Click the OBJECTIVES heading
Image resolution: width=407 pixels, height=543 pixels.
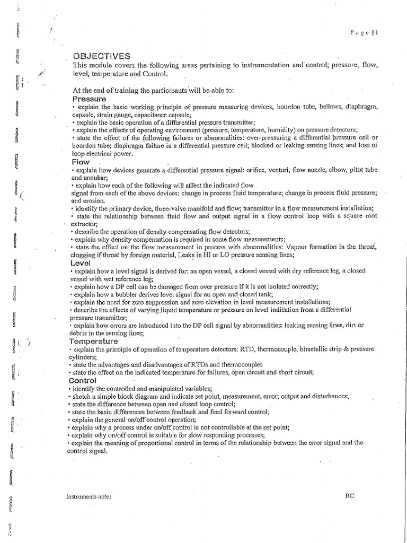click(x=100, y=57)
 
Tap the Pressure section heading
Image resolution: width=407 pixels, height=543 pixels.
click(x=89, y=99)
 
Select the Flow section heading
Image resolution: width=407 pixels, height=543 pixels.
click(x=81, y=162)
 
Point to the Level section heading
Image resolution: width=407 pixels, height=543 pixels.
click(x=82, y=263)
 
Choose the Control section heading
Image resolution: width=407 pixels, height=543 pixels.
click(x=84, y=381)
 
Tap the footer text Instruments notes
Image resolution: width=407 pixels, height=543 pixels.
click(x=89, y=496)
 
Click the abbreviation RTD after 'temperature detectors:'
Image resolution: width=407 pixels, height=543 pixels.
click(x=216, y=349)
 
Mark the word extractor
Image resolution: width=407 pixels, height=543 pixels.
click(x=81, y=224)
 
